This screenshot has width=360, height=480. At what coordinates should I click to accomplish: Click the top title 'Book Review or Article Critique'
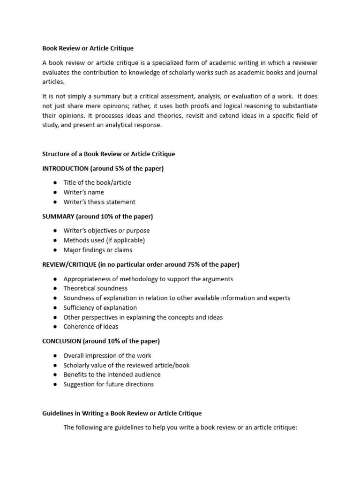88,48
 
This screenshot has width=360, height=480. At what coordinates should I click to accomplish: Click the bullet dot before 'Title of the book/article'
55,183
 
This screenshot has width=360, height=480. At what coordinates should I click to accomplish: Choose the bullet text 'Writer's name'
84,192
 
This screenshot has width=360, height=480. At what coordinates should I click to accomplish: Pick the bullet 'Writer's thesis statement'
99,202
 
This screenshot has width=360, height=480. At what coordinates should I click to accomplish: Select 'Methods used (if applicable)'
104,240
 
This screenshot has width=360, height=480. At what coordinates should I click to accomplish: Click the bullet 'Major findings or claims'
98,250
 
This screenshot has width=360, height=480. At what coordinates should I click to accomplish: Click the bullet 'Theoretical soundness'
96,288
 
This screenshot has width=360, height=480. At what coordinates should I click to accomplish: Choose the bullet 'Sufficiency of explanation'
100,307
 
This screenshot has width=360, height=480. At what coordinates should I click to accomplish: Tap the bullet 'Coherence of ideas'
91,327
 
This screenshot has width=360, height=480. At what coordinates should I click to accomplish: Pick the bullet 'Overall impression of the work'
107,356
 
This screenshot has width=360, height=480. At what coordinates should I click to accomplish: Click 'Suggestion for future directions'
109,384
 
